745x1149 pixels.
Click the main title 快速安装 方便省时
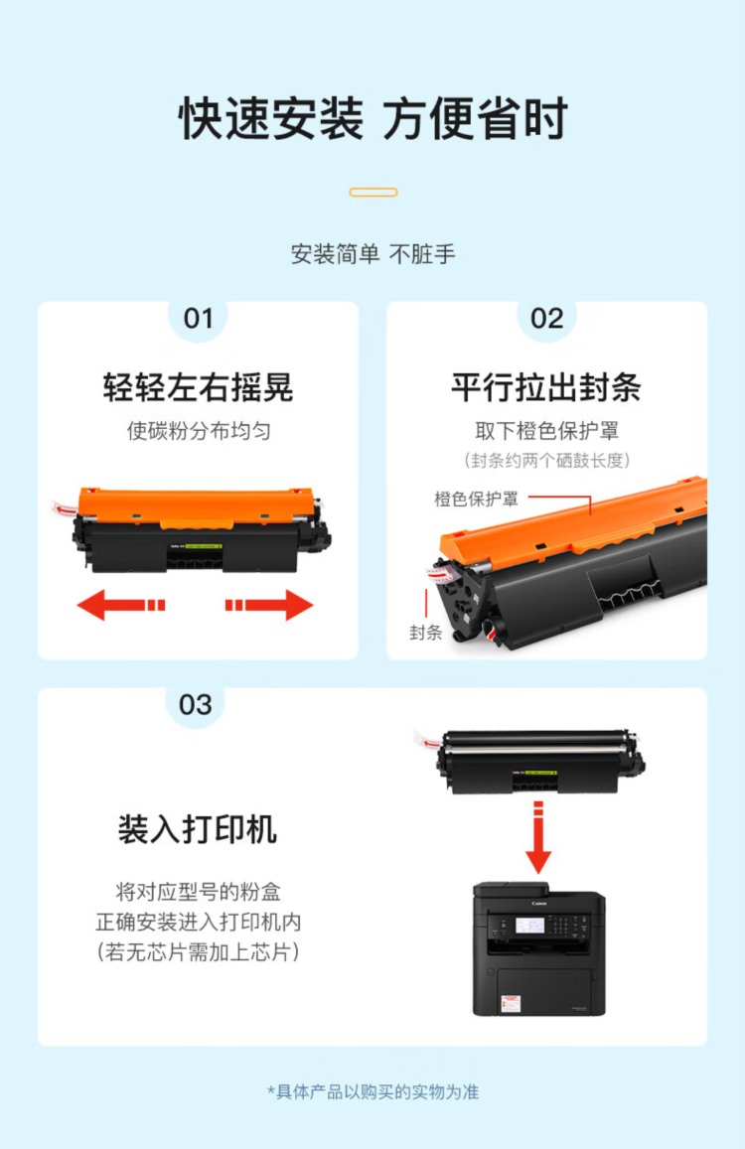tap(373, 118)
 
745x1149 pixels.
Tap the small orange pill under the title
tap(373, 192)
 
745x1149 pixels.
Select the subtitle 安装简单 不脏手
tap(373, 254)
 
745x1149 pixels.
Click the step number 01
tap(198, 319)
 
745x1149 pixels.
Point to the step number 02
tap(547, 319)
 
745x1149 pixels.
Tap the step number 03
tap(195, 705)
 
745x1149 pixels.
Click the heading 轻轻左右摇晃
tap(198, 387)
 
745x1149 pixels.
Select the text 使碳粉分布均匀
tap(199, 431)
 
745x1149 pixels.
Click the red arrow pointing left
tap(121, 605)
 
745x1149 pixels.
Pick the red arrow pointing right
tap(269, 605)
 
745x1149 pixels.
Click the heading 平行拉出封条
tap(546, 387)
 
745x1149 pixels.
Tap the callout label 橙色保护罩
tap(476, 499)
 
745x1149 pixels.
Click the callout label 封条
tap(425, 633)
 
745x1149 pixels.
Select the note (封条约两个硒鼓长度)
tap(547, 460)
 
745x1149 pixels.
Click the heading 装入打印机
tap(198, 829)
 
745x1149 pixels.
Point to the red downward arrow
tap(538, 837)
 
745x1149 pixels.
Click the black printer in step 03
tap(539, 949)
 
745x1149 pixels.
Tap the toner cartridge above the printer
tap(531, 762)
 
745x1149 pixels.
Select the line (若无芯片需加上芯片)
tap(198, 952)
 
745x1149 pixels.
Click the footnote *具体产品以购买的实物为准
tap(372, 1091)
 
